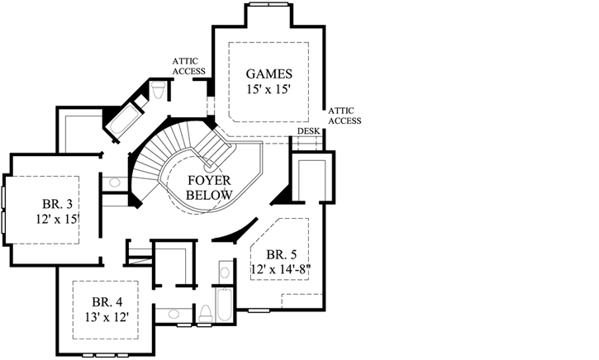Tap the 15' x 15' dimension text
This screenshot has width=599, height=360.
[268, 89]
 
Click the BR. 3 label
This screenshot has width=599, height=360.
[59, 204]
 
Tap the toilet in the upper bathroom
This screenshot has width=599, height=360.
[159, 90]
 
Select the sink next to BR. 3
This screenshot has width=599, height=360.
[113, 182]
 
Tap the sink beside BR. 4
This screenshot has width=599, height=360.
[171, 314]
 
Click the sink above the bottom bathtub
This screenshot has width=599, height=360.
[225, 272]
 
